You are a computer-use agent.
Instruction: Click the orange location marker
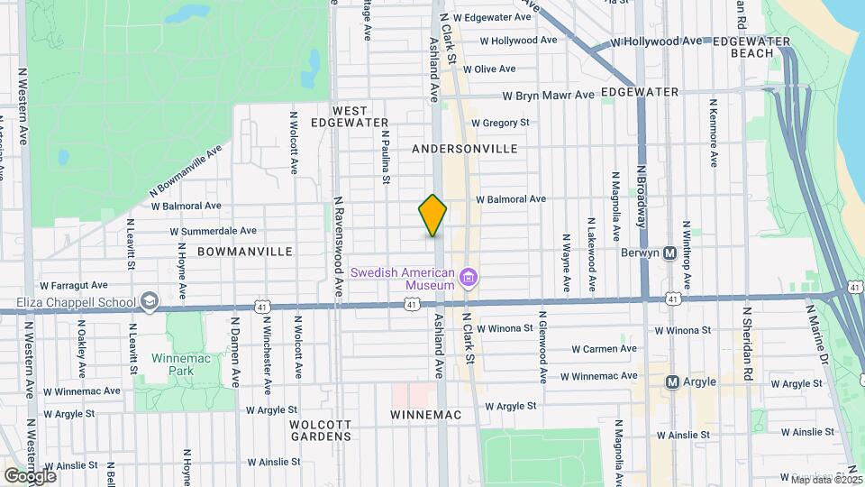click(x=432, y=216)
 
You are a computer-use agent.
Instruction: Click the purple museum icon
click(x=469, y=277)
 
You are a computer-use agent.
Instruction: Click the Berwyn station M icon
click(x=669, y=253)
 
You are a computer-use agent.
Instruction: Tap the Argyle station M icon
click(x=672, y=381)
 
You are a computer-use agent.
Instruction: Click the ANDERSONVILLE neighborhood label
click(x=464, y=148)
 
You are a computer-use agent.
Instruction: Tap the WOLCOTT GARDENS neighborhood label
click(x=320, y=429)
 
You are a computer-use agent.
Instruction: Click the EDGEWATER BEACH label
click(x=751, y=47)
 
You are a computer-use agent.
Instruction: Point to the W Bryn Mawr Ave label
click(x=548, y=95)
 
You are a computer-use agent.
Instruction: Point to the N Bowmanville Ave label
click(x=185, y=173)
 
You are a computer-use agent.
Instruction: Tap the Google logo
click(x=30, y=474)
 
